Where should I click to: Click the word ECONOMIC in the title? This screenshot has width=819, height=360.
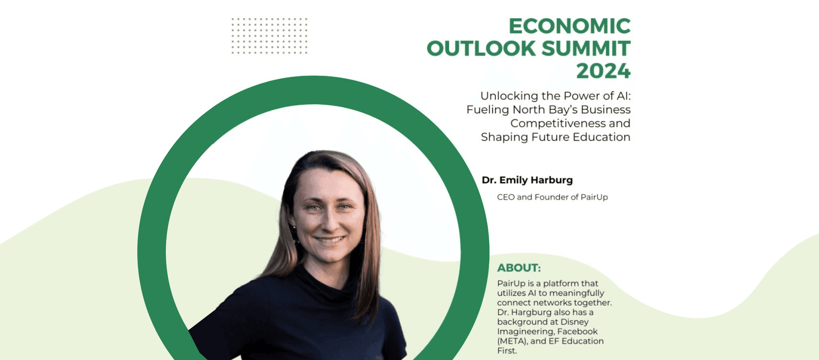pos(569,26)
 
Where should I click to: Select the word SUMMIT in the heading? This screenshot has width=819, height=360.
pos(586,48)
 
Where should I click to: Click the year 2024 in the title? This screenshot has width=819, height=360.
pos(603,71)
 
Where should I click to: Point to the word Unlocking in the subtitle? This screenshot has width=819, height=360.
pos(504,96)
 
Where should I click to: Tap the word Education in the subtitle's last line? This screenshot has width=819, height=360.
pos(601,137)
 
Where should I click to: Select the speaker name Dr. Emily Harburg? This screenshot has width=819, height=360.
pos(527,180)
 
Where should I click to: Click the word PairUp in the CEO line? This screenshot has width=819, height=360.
pos(594,197)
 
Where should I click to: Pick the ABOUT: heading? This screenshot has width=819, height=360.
pos(519,268)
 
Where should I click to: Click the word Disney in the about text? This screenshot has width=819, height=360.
pos(574,322)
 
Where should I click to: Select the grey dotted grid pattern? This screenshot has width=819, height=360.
pos(269,36)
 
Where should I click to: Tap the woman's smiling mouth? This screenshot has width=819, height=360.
pos(330,239)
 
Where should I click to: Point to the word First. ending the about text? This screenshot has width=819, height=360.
pos(507,350)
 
